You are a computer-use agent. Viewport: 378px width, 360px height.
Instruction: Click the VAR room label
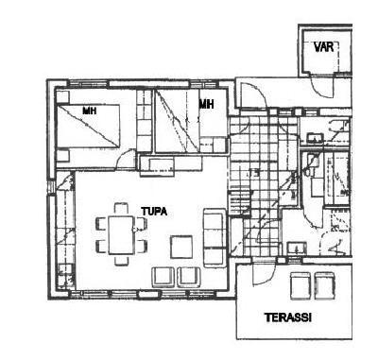pos(323,47)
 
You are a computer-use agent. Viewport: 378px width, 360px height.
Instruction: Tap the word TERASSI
pos(288,317)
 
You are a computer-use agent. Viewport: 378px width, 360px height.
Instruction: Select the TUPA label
pos(154,212)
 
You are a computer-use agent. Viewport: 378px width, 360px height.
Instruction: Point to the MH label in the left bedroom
pos(90,111)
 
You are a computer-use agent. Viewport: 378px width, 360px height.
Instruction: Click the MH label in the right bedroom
pos(206,104)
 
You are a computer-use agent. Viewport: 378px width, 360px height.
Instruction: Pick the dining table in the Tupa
pos(121,235)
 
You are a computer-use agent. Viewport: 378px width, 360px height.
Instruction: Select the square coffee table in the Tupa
pos(181,247)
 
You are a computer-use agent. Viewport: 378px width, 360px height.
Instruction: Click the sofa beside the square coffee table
pos(215,238)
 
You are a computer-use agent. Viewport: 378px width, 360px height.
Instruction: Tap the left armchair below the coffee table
pos(163,277)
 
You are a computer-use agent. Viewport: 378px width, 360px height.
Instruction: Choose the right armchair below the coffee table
pos(190,277)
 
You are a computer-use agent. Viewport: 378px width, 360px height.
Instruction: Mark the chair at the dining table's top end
pos(121,209)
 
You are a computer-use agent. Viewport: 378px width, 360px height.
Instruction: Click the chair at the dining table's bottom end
pos(121,260)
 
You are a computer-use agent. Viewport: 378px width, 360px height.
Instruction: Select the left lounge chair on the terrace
pos(301,285)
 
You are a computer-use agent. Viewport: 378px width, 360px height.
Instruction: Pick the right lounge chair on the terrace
pos(325,285)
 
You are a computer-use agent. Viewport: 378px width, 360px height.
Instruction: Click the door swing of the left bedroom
pos(126,160)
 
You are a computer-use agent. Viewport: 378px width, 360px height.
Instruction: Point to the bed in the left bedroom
pos(88,126)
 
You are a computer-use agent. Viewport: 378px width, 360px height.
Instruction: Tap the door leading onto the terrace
pos(265,272)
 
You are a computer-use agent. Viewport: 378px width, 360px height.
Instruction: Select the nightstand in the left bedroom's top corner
pos(62,96)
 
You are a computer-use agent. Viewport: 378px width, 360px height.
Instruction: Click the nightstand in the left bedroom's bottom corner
pos(62,156)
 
